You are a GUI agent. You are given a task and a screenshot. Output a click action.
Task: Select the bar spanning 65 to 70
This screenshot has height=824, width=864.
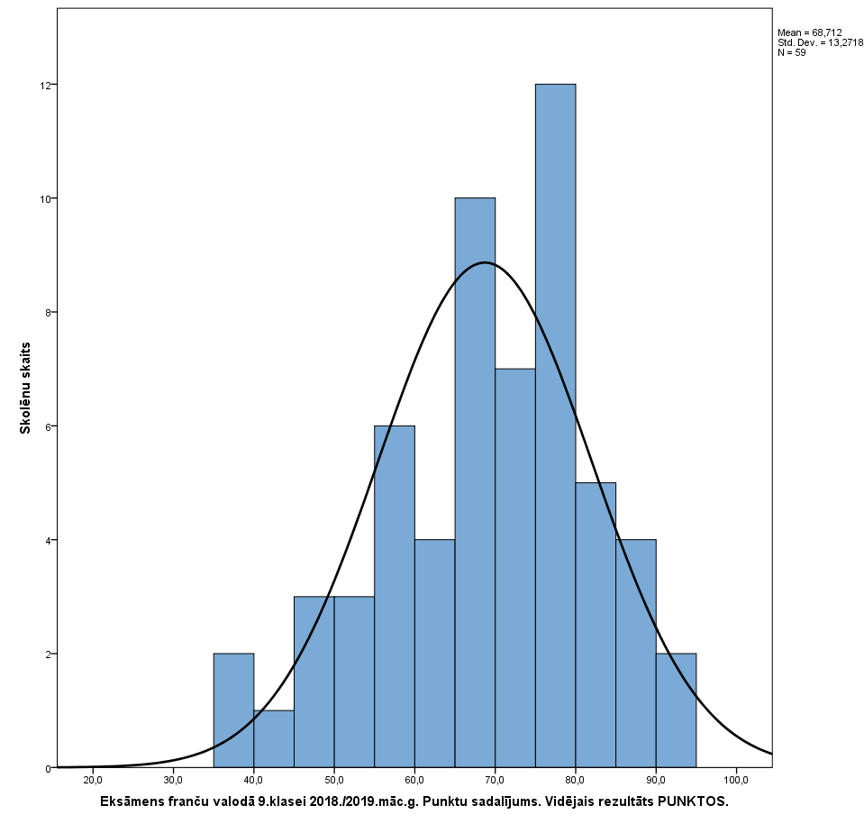475,482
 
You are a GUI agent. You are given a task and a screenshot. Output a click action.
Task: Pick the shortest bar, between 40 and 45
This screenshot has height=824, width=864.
274,739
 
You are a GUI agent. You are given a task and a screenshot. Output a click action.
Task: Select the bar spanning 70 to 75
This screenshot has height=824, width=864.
515,568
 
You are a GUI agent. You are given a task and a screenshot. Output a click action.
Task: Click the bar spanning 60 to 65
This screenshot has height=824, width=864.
434,654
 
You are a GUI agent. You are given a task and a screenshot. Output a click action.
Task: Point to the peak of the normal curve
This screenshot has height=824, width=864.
485,262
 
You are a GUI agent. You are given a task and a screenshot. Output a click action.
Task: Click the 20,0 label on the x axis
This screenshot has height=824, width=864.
92,781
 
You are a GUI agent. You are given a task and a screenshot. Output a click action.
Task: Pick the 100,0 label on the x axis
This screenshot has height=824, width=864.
736,781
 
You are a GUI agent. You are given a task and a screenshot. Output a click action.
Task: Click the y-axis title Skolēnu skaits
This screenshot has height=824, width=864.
26,388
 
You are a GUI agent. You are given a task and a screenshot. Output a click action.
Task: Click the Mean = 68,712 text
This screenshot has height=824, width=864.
810,32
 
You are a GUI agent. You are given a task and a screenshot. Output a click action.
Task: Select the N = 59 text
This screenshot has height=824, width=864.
792,52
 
